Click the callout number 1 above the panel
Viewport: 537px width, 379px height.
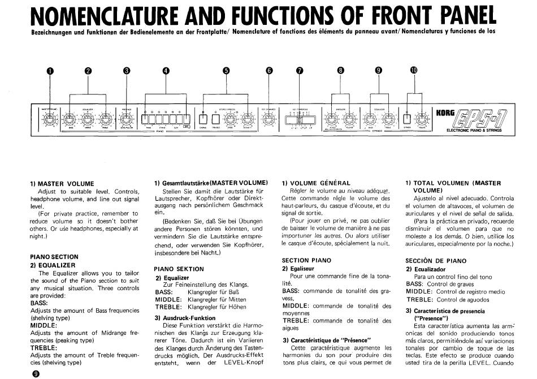tap(50, 71)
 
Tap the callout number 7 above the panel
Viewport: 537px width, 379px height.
tap(300, 71)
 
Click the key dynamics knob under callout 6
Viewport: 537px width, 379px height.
tap(267, 119)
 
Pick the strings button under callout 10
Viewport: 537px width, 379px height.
tap(406, 119)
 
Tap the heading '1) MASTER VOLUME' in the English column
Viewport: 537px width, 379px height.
tap(62, 183)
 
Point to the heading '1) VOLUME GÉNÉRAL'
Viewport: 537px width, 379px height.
tap(316, 183)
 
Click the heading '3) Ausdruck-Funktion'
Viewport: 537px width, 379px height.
tap(185, 318)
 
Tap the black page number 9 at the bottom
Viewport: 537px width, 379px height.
tap(36, 373)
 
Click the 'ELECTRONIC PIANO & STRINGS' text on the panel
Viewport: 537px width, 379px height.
tap(474, 130)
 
